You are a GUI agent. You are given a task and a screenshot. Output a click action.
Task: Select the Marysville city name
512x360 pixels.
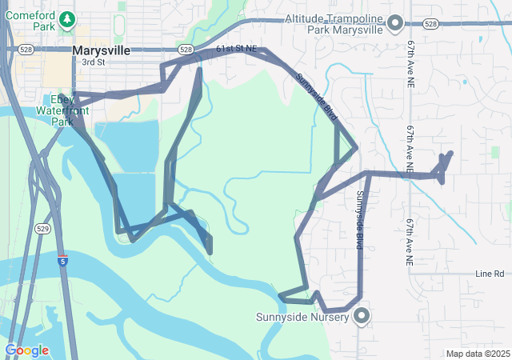101,50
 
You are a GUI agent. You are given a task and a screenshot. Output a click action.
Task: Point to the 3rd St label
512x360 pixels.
93,62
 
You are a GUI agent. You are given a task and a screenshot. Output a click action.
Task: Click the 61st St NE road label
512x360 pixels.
238,49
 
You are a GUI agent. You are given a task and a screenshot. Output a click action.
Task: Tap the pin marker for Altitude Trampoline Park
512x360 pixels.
394,24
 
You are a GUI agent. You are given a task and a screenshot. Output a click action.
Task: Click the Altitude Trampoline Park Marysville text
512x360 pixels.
334,24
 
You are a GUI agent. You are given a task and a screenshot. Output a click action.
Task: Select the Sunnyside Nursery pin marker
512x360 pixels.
361,316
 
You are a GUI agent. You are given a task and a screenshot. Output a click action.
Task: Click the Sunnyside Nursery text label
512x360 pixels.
302,317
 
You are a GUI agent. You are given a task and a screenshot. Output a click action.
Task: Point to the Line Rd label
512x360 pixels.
489,274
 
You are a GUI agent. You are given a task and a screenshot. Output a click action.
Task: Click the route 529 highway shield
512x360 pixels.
43,228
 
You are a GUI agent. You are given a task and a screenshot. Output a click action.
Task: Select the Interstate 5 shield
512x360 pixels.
62,261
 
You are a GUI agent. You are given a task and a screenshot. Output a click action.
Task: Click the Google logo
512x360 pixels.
26,350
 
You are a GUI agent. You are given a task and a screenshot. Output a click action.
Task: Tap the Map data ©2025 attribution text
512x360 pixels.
477,354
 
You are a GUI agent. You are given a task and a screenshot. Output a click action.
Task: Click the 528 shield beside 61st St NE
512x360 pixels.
186,50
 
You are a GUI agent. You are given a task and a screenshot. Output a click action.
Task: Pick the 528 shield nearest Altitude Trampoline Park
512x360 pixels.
431,24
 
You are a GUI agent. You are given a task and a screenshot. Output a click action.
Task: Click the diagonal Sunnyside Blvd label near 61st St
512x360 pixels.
317,98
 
